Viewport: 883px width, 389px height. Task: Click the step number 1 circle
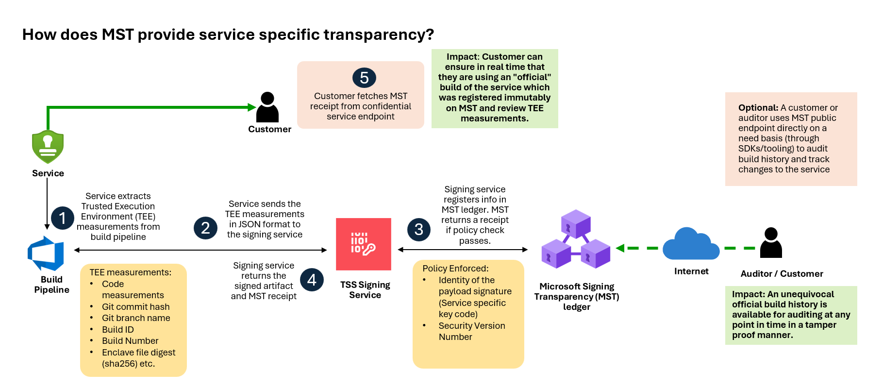point(63,219)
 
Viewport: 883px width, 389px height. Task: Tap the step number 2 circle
point(205,228)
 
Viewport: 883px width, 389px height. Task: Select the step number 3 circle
point(419,229)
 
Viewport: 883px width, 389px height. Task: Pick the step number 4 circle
point(312,280)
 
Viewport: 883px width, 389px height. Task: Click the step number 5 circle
point(364,78)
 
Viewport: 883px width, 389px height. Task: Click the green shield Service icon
point(48,147)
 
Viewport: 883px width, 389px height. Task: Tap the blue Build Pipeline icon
point(46,254)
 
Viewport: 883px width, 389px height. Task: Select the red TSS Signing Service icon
point(364,244)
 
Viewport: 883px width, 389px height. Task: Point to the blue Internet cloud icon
point(691,244)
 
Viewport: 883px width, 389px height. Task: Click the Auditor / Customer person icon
point(771,243)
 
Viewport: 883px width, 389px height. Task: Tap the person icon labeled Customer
point(267,107)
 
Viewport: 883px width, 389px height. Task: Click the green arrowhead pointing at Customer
point(252,107)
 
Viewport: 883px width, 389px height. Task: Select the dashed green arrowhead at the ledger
point(620,248)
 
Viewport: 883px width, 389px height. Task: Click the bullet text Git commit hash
point(136,307)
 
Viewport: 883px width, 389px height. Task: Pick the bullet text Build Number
point(130,341)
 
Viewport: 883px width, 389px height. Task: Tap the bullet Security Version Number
point(472,331)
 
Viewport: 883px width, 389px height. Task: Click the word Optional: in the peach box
point(758,108)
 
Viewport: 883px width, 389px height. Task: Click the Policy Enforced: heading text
point(455,269)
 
